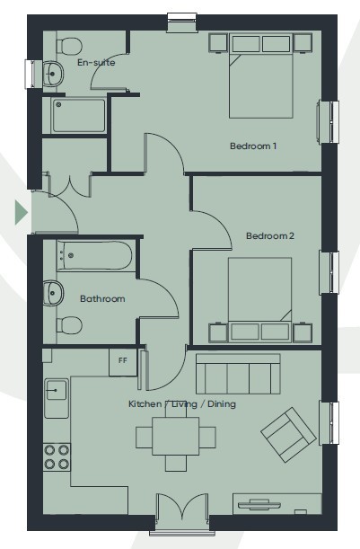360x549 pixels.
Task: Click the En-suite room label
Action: pos(96,62)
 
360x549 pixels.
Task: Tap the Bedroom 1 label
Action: pos(253,146)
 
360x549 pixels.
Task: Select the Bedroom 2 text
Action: pos(269,235)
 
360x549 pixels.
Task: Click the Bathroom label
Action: pos(102,298)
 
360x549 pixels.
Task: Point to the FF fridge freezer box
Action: pos(123,362)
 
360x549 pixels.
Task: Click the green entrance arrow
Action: pos(22,212)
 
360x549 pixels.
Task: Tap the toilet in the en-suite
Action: pos(68,46)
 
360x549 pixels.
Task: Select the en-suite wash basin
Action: pos(53,74)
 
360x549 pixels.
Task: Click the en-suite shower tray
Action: pos(78,115)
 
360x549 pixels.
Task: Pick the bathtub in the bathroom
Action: pos(94,255)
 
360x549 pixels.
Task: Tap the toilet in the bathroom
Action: pos(69,325)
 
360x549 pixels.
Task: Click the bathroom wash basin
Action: pos(53,292)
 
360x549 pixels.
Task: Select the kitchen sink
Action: pos(56,398)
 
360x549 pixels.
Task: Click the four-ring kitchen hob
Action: pos(57,456)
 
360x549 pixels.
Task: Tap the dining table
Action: pos(176,436)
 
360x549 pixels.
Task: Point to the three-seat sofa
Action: pos(238,374)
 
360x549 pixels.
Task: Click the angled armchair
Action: pos(289,434)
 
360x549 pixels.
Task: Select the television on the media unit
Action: pos(259,504)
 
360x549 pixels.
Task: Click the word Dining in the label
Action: pos(222,404)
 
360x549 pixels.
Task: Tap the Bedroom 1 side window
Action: pos(329,121)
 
